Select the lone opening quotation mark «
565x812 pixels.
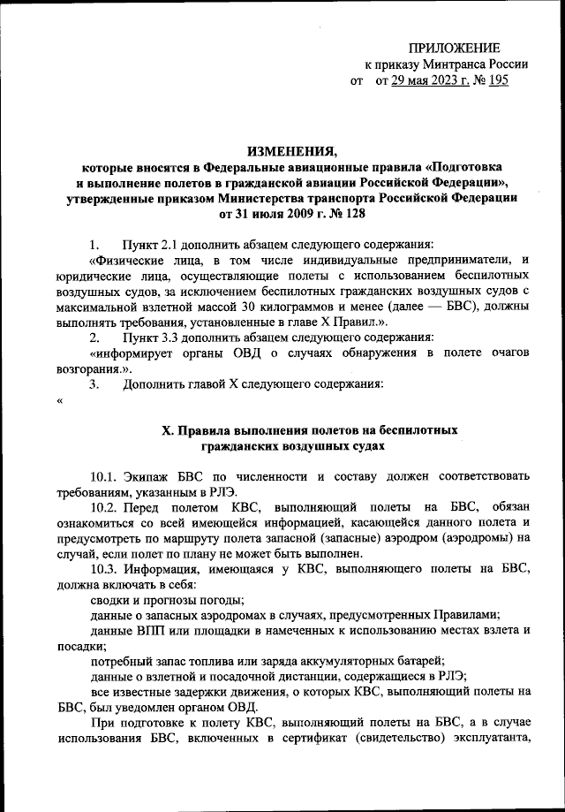tap(58, 402)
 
